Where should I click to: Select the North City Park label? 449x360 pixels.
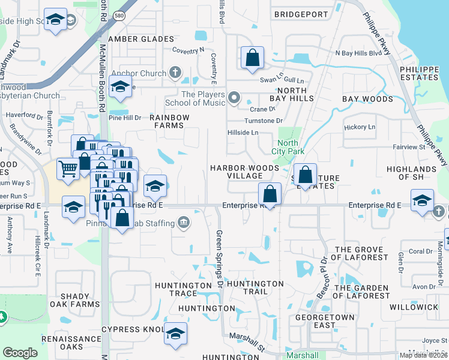[x=288, y=147]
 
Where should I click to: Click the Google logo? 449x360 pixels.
[x=20, y=353]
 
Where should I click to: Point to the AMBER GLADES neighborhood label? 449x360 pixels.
[x=140, y=39]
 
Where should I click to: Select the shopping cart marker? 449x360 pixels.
[x=68, y=169]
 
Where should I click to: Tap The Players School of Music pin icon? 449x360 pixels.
[x=234, y=96]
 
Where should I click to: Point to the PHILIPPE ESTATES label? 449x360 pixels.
[x=419, y=73]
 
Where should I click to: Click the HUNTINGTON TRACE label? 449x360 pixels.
[x=182, y=289]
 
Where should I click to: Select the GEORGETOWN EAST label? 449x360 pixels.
[x=316, y=320]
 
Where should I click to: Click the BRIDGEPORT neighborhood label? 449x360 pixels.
[x=301, y=14]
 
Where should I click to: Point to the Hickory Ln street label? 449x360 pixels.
[x=360, y=127]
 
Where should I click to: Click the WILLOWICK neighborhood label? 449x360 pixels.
[x=414, y=307]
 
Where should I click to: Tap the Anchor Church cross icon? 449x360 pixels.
[x=175, y=73]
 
